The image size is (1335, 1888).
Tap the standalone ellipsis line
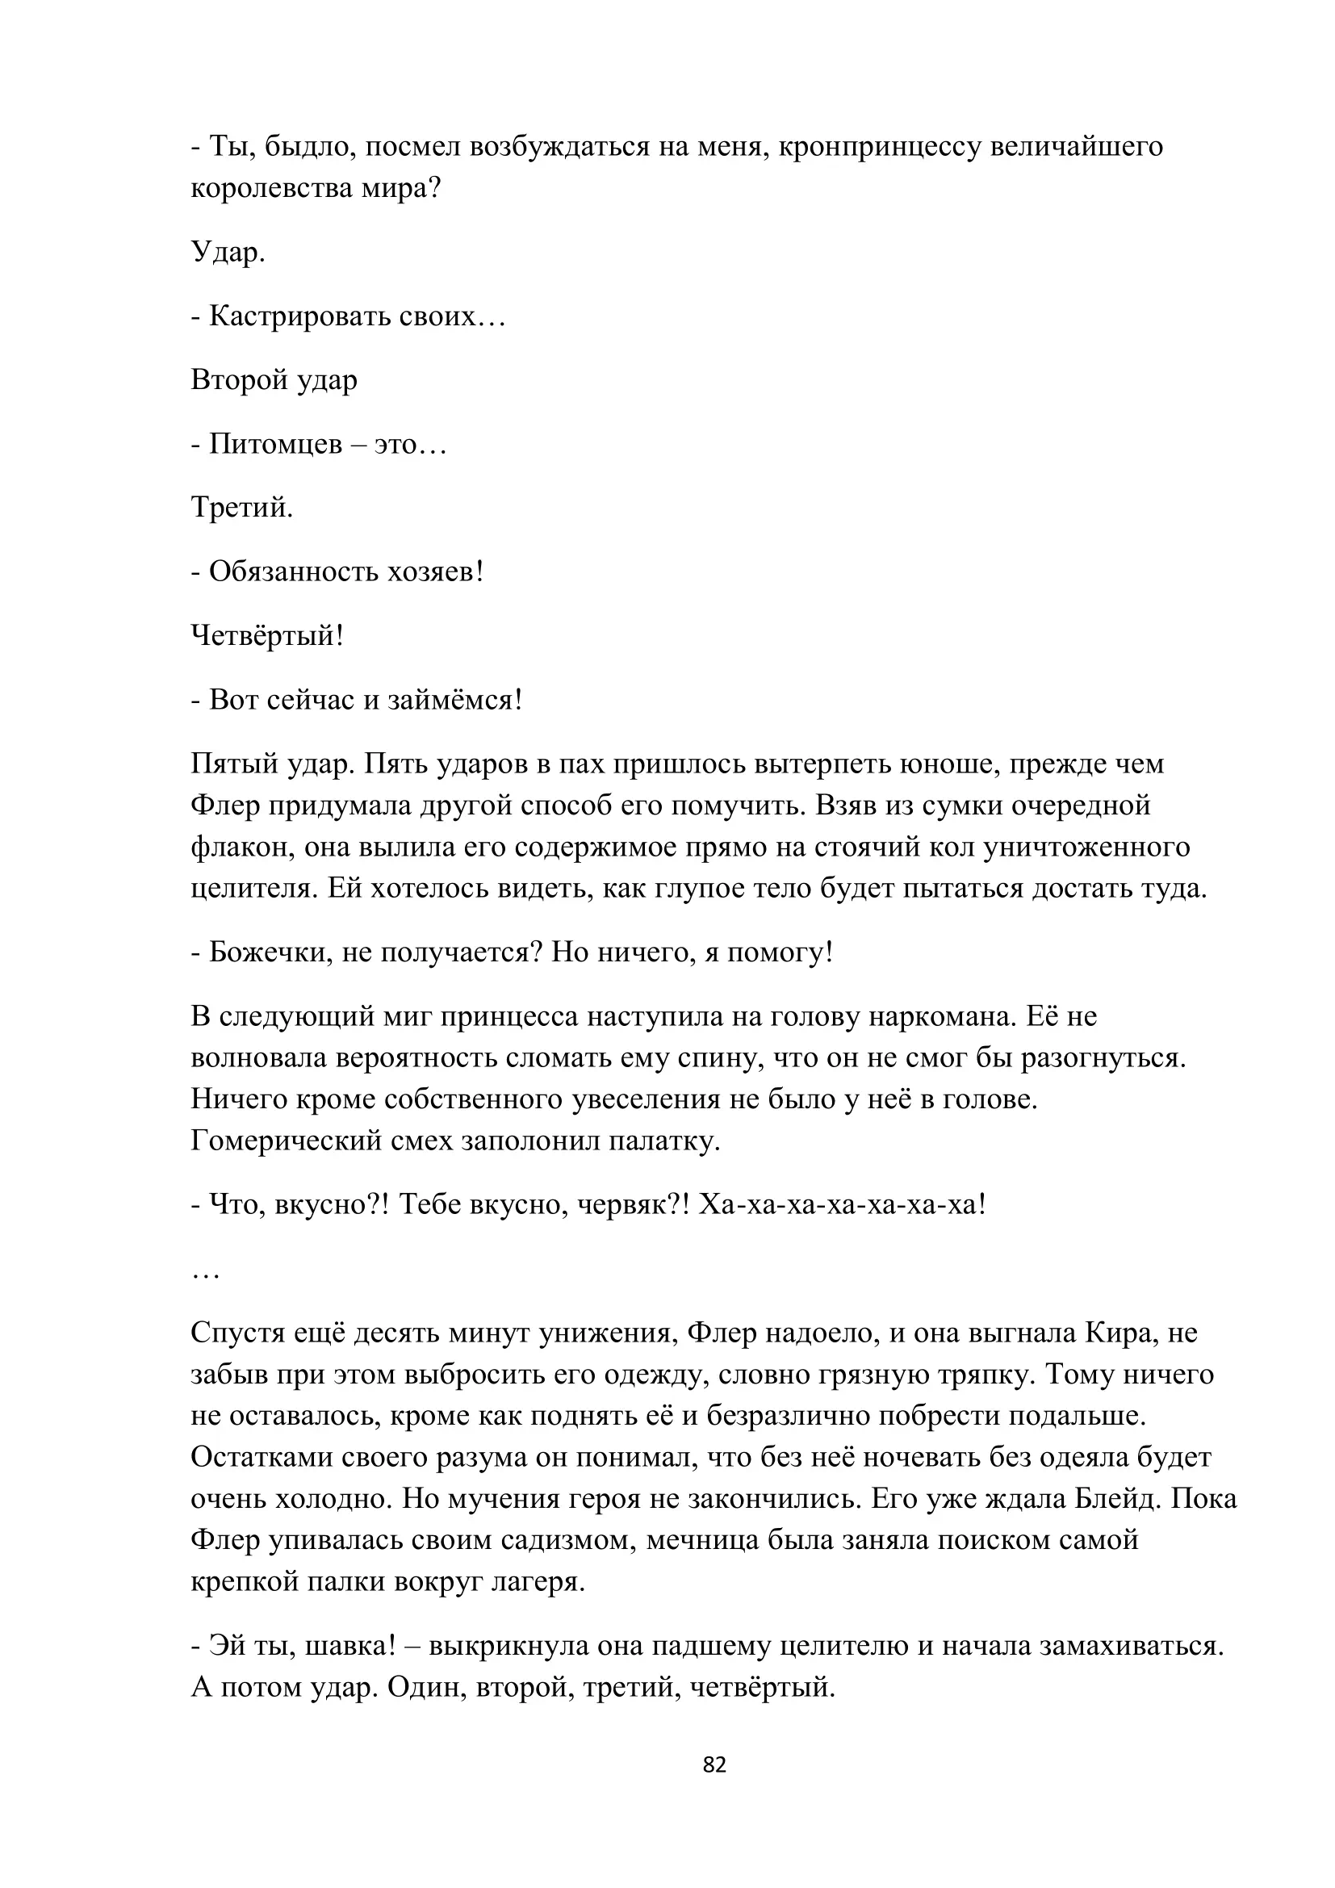point(205,1274)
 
